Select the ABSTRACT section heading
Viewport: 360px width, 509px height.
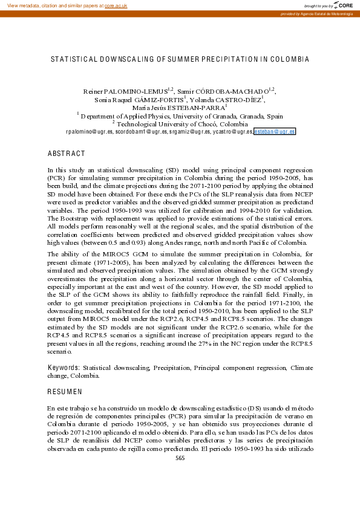pyautogui.click(x=66, y=154)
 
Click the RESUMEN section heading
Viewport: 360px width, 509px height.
pyautogui.click(x=65, y=392)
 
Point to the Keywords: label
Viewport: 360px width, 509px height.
pyautogui.click(x=64, y=367)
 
